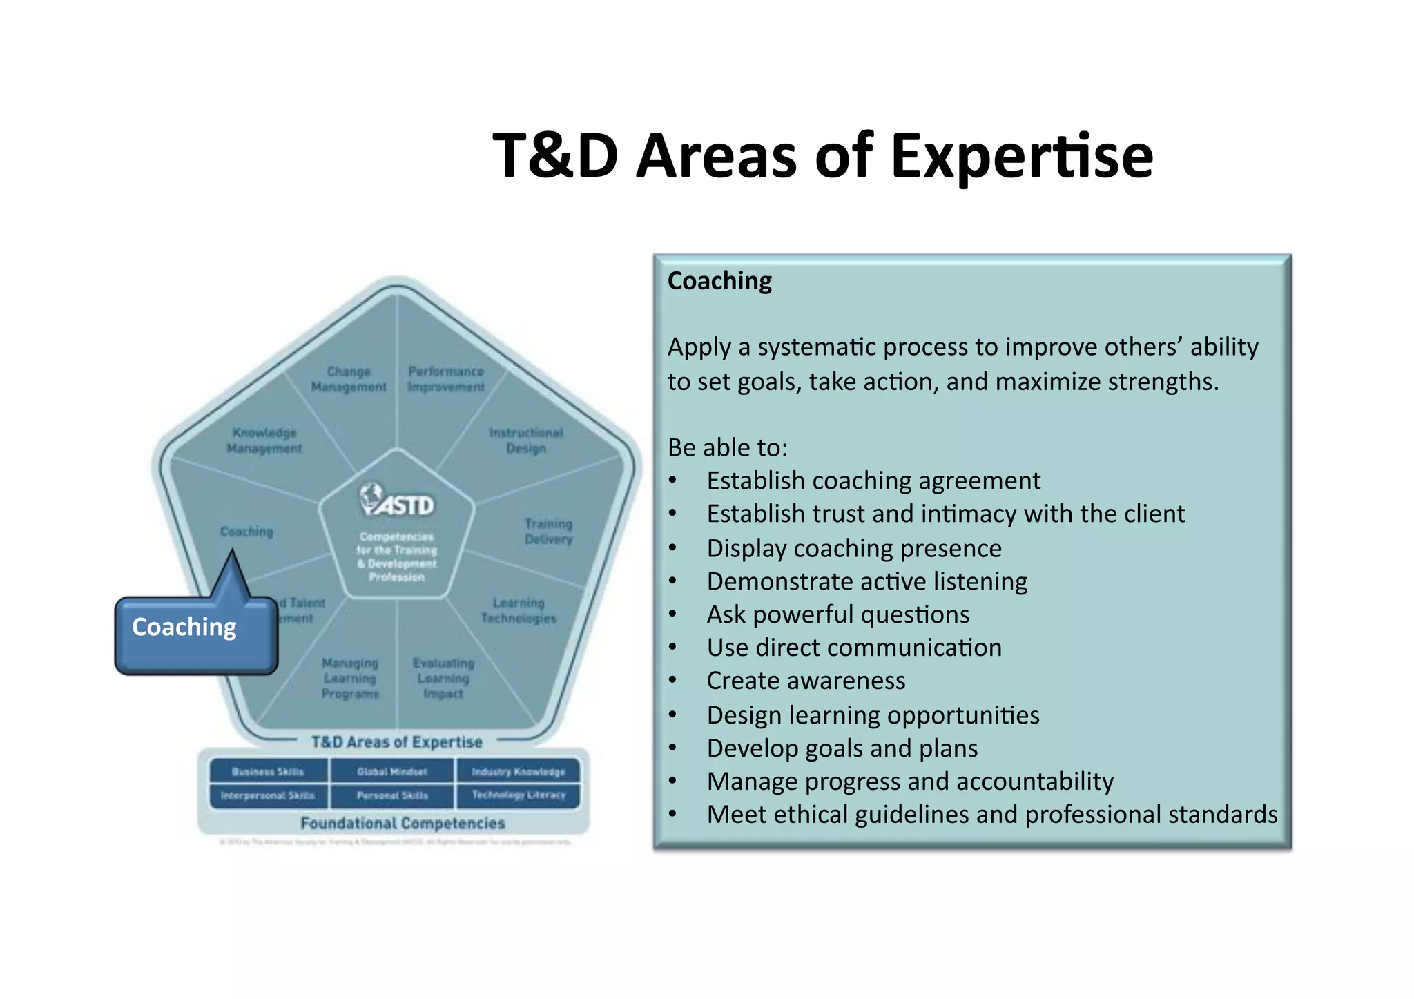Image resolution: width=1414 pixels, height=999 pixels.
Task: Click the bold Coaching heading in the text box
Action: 719,281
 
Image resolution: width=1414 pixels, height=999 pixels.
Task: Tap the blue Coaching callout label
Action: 184,627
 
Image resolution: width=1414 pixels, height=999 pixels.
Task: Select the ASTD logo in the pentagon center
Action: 397,500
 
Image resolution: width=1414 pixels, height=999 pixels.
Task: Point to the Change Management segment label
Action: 349,379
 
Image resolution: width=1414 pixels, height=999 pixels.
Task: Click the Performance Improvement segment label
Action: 446,379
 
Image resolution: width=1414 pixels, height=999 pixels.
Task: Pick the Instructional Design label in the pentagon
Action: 526,440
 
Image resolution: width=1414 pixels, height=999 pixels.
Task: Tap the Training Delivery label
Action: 548,531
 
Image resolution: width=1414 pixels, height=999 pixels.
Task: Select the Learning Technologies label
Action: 519,610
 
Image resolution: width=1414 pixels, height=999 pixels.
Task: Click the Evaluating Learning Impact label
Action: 443,678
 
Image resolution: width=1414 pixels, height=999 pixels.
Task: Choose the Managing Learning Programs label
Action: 350,678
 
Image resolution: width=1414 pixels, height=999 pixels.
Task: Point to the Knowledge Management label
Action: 264,440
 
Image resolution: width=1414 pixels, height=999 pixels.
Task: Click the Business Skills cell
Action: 268,771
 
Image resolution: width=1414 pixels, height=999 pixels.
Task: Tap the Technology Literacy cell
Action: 519,795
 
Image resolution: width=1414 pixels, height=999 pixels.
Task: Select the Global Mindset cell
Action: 392,771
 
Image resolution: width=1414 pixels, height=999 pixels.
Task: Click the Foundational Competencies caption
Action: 403,823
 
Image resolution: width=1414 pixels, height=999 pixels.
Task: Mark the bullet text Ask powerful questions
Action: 837,614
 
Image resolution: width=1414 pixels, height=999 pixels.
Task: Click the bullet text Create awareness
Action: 806,681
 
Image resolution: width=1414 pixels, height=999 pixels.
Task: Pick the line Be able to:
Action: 728,447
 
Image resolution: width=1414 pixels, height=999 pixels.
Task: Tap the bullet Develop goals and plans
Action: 842,748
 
